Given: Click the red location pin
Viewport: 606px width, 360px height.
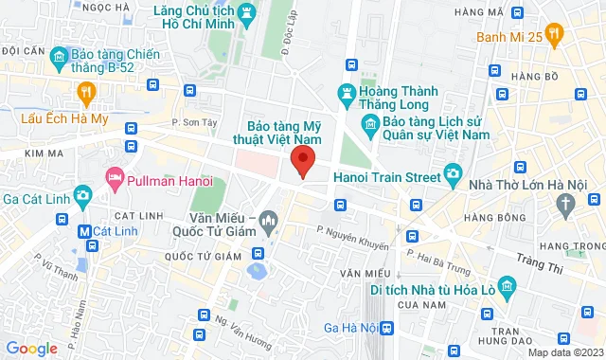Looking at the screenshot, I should point(302,161).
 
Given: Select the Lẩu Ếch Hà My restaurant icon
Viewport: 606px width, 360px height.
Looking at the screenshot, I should point(87,91).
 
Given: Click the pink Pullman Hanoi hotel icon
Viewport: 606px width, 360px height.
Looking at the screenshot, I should point(116,177).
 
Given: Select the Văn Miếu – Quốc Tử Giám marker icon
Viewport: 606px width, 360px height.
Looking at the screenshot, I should point(270,224).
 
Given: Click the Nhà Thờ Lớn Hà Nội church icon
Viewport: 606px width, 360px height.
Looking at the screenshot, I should point(565,203).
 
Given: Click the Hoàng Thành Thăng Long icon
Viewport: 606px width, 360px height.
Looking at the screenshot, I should point(347,92).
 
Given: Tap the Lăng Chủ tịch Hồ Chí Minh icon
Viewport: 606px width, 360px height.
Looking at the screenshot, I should point(247,13).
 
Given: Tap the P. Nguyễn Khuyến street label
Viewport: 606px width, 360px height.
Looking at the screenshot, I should point(353,237).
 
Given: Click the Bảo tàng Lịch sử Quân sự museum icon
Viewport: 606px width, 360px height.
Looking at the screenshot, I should point(370,125).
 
